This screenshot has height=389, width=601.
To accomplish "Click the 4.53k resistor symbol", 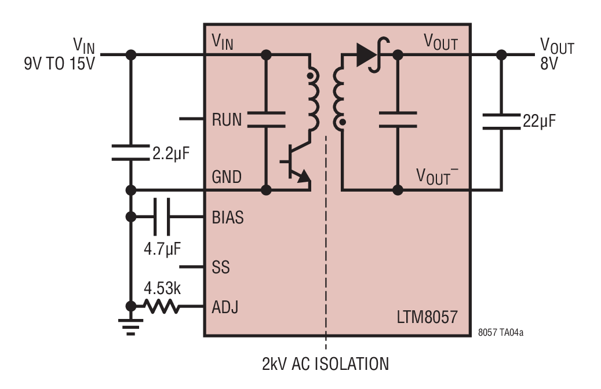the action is tap(161, 306).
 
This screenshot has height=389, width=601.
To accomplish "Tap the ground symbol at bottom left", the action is tap(131, 326).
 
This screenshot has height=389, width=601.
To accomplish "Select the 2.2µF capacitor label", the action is tap(171, 154).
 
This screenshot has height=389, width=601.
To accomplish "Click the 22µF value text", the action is tap(539, 121).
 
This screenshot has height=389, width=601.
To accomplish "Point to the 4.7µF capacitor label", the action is tap(162, 249).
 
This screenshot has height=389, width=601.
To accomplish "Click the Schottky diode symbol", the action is tap(373, 55).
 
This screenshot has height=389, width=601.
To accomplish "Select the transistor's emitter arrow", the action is tap(304, 177).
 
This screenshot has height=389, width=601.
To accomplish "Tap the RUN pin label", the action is tap(227, 120).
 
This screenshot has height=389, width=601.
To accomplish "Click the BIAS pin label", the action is tap(228, 217).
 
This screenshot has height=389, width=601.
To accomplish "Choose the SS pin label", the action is tap(221, 267).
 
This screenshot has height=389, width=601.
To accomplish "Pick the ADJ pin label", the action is tap(225, 307).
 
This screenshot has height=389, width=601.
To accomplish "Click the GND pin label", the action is tap(227, 177).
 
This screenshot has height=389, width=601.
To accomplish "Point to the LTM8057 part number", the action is tap(427, 317).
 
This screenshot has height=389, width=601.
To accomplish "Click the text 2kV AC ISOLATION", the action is tap(325, 364).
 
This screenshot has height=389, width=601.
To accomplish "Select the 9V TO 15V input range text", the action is tap(60, 63).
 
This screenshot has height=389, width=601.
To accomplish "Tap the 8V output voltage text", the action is tap(549, 63).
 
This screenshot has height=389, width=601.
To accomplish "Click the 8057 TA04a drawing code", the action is tap(500, 332).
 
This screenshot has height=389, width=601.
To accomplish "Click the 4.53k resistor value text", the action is tap(162, 288).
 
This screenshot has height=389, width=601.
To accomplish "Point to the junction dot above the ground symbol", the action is tap(131, 306).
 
